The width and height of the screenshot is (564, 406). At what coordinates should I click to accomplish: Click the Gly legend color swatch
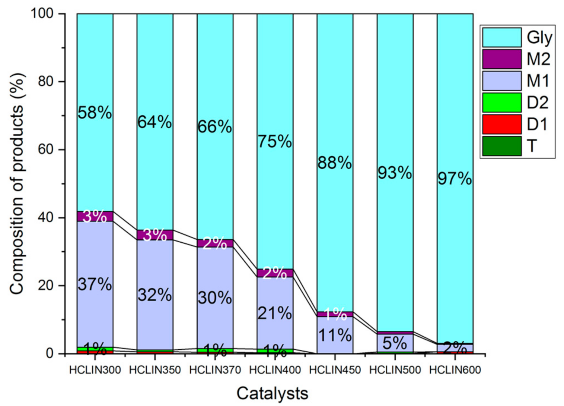click(x=501, y=37)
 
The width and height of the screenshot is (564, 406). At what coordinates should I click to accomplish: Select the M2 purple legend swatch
click(x=501, y=59)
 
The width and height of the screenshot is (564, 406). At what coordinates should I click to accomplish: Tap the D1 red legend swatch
click(x=501, y=124)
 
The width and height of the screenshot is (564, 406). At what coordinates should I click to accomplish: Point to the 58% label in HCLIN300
click(x=95, y=113)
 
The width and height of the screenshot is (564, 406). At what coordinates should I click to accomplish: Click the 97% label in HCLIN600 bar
click(x=455, y=179)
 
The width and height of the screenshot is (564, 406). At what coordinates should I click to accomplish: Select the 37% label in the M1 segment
click(x=95, y=285)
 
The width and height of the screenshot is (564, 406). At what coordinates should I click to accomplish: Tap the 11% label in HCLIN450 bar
click(x=335, y=336)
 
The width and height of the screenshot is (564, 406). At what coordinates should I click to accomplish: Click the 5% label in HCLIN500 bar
click(x=395, y=343)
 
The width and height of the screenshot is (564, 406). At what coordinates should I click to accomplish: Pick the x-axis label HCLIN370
click(x=215, y=370)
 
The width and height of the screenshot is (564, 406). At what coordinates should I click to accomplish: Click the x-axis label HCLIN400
click(x=275, y=370)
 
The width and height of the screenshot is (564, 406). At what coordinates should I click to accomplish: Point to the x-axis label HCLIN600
click(x=455, y=370)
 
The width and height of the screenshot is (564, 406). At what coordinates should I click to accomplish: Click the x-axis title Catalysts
click(x=272, y=393)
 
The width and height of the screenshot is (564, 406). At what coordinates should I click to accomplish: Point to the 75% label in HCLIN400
click(x=275, y=141)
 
